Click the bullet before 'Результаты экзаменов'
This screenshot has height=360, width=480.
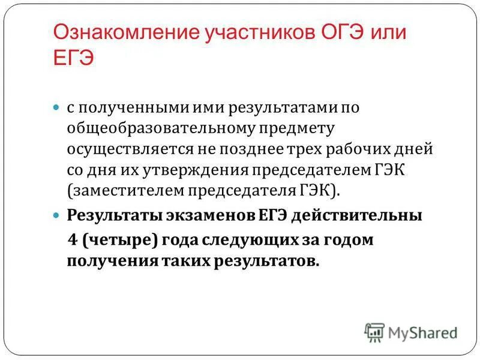point(57,214)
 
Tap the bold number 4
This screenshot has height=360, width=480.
point(73,240)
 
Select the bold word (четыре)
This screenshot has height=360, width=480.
point(119,240)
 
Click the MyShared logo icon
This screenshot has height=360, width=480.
point(374,332)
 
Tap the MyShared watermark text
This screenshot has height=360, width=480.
point(422,332)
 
